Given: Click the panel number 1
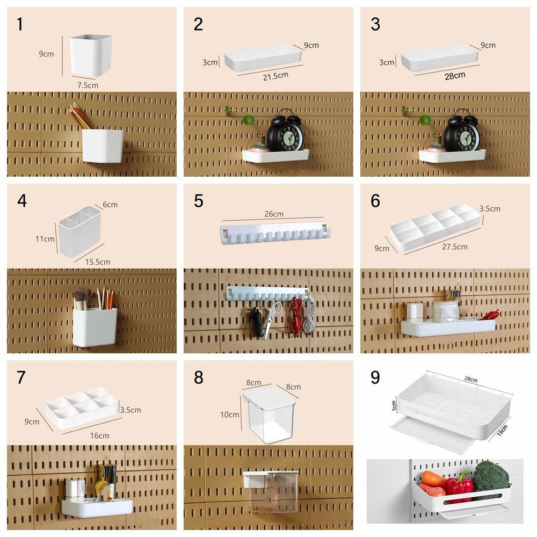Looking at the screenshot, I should point(20,24).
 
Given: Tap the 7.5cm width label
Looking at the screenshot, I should point(88,85).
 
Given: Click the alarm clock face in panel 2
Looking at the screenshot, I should point(285,137).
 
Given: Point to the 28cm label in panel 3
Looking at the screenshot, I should point(455,76).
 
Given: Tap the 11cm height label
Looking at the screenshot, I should point(45,238).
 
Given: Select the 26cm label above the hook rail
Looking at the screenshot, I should point(274,214).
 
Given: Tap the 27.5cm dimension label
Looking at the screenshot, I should point(454,247).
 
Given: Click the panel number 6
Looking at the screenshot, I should point(375,201).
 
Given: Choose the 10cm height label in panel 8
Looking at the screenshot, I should point(230,415).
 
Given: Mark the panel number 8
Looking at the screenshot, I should point(199,378).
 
